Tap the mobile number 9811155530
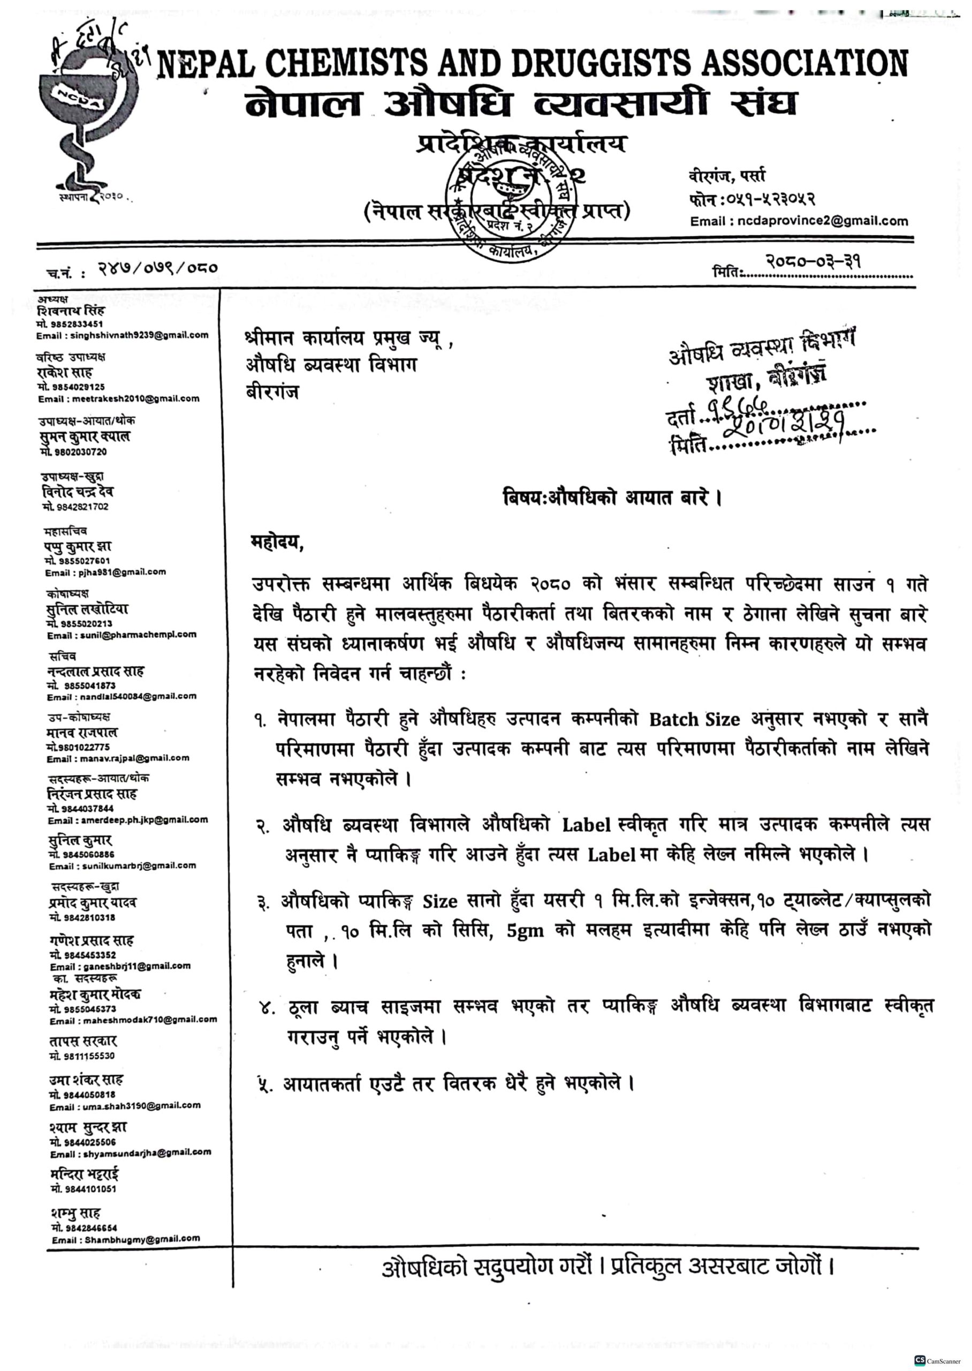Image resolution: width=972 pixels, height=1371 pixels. tap(82, 1056)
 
